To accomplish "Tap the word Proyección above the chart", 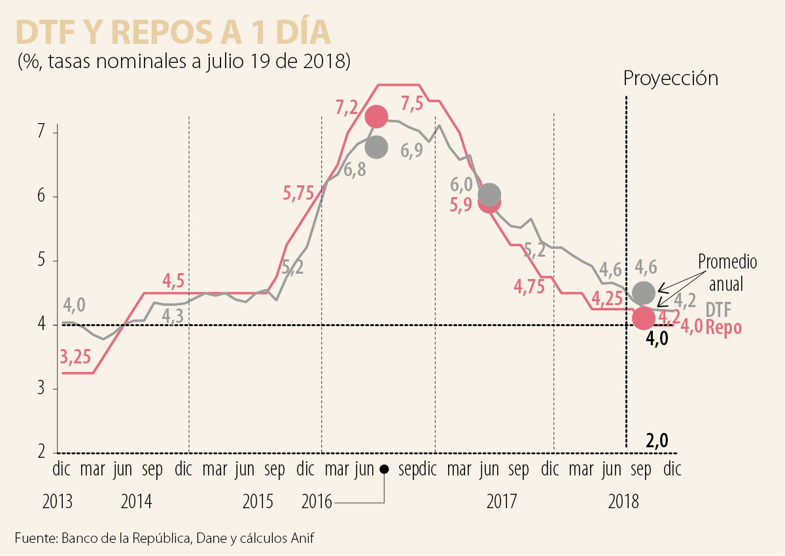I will [671, 79].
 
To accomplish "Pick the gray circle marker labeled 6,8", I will [377, 147].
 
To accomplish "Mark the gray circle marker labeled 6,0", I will [489, 195].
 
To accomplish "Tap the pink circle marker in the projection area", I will [644, 318].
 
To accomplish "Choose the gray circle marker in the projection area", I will [644, 292].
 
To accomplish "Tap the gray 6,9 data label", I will [411, 151].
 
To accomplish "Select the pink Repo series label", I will [724, 327].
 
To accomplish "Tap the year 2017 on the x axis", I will [502, 502].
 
